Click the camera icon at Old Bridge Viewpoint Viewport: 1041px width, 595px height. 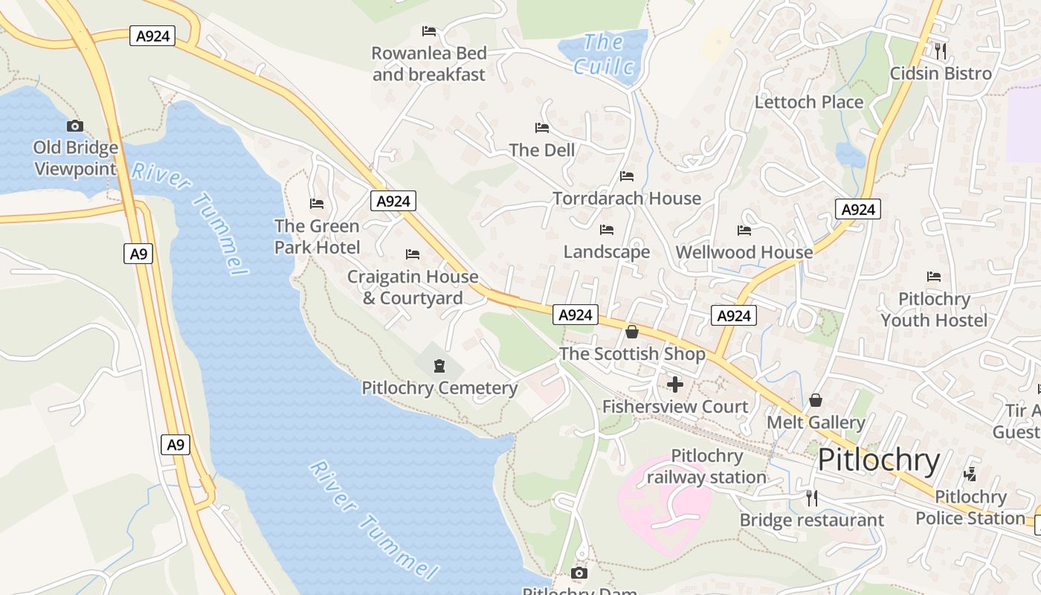coord(74,126)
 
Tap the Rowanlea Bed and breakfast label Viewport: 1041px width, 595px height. coord(429,64)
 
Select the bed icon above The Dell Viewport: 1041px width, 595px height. coord(542,128)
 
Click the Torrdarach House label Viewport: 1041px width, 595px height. coord(627,199)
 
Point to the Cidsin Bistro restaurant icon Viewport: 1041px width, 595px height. coord(941,51)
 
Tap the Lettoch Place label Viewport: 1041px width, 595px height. coord(809,102)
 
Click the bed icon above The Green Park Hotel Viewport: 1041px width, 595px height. coord(317,204)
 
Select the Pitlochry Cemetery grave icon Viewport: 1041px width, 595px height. coord(439,365)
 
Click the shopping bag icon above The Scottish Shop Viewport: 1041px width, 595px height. coord(632,332)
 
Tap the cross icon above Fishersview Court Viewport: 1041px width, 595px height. coord(675,385)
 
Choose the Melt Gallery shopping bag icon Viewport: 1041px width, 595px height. coord(816,401)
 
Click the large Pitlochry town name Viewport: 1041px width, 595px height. coord(879,460)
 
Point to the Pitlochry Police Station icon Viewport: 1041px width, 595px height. coord(970,475)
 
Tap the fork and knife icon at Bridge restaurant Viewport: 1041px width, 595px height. coord(811,498)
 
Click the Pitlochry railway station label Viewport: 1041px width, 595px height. coord(706,466)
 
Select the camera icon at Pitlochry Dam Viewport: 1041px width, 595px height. coord(579,573)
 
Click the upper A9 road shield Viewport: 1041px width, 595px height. coord(138,254)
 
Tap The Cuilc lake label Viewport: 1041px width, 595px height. coord(605,55)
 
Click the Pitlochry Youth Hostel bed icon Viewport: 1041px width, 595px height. coord(934,277)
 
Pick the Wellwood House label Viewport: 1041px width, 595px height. coord(744,252)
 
